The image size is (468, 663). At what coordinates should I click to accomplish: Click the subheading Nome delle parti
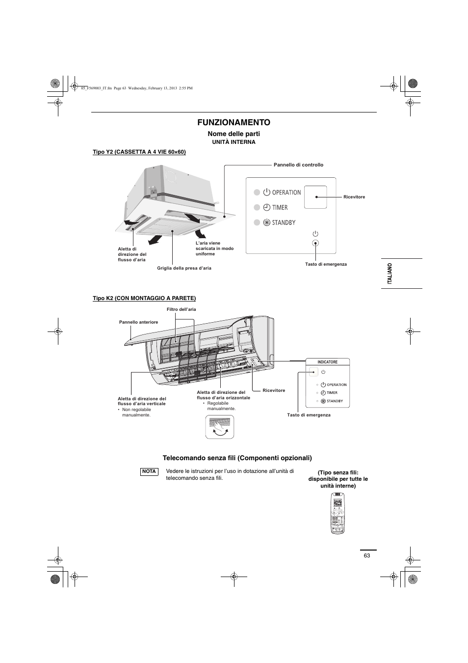234,134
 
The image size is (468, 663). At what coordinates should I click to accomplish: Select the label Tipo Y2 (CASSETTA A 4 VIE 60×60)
139,152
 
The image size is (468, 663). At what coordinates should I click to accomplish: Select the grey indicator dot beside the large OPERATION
257,192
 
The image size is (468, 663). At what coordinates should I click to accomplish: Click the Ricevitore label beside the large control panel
354,197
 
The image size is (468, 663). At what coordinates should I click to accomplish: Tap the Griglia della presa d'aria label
184,268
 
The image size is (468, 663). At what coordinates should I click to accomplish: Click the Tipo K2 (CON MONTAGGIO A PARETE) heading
144,298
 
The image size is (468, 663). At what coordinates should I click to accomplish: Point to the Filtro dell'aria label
182,309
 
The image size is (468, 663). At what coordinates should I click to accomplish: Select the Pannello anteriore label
138,322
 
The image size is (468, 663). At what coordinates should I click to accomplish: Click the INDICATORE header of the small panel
328,362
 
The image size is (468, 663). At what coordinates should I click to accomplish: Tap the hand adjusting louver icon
219,426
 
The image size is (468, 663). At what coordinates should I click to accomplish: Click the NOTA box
149,471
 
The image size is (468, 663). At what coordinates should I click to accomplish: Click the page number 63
367,555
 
